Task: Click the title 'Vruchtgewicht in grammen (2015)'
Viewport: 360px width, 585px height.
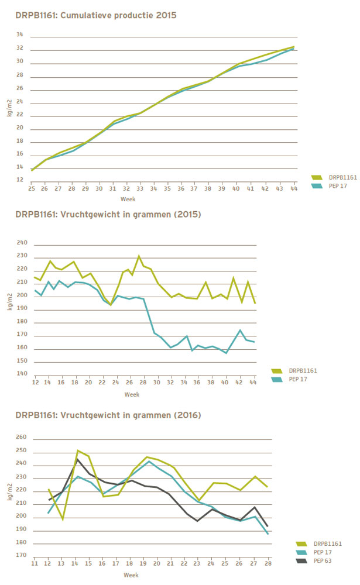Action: pos(138,214)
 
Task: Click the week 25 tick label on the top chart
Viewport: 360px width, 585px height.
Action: pos(31,189)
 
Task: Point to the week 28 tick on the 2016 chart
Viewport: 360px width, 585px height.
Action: pos(268,563)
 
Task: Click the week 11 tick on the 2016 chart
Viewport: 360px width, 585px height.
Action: pos(35,563)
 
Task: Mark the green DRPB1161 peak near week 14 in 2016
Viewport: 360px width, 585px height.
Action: pos(78,450)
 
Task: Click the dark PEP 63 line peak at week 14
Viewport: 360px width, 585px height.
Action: pos(77,459)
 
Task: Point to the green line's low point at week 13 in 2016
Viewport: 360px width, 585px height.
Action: pos(63,519)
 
